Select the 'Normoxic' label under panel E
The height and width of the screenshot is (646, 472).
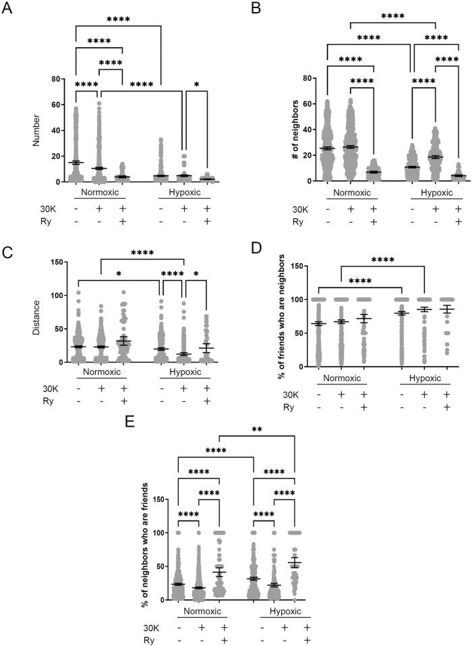(x=199, y=612)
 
